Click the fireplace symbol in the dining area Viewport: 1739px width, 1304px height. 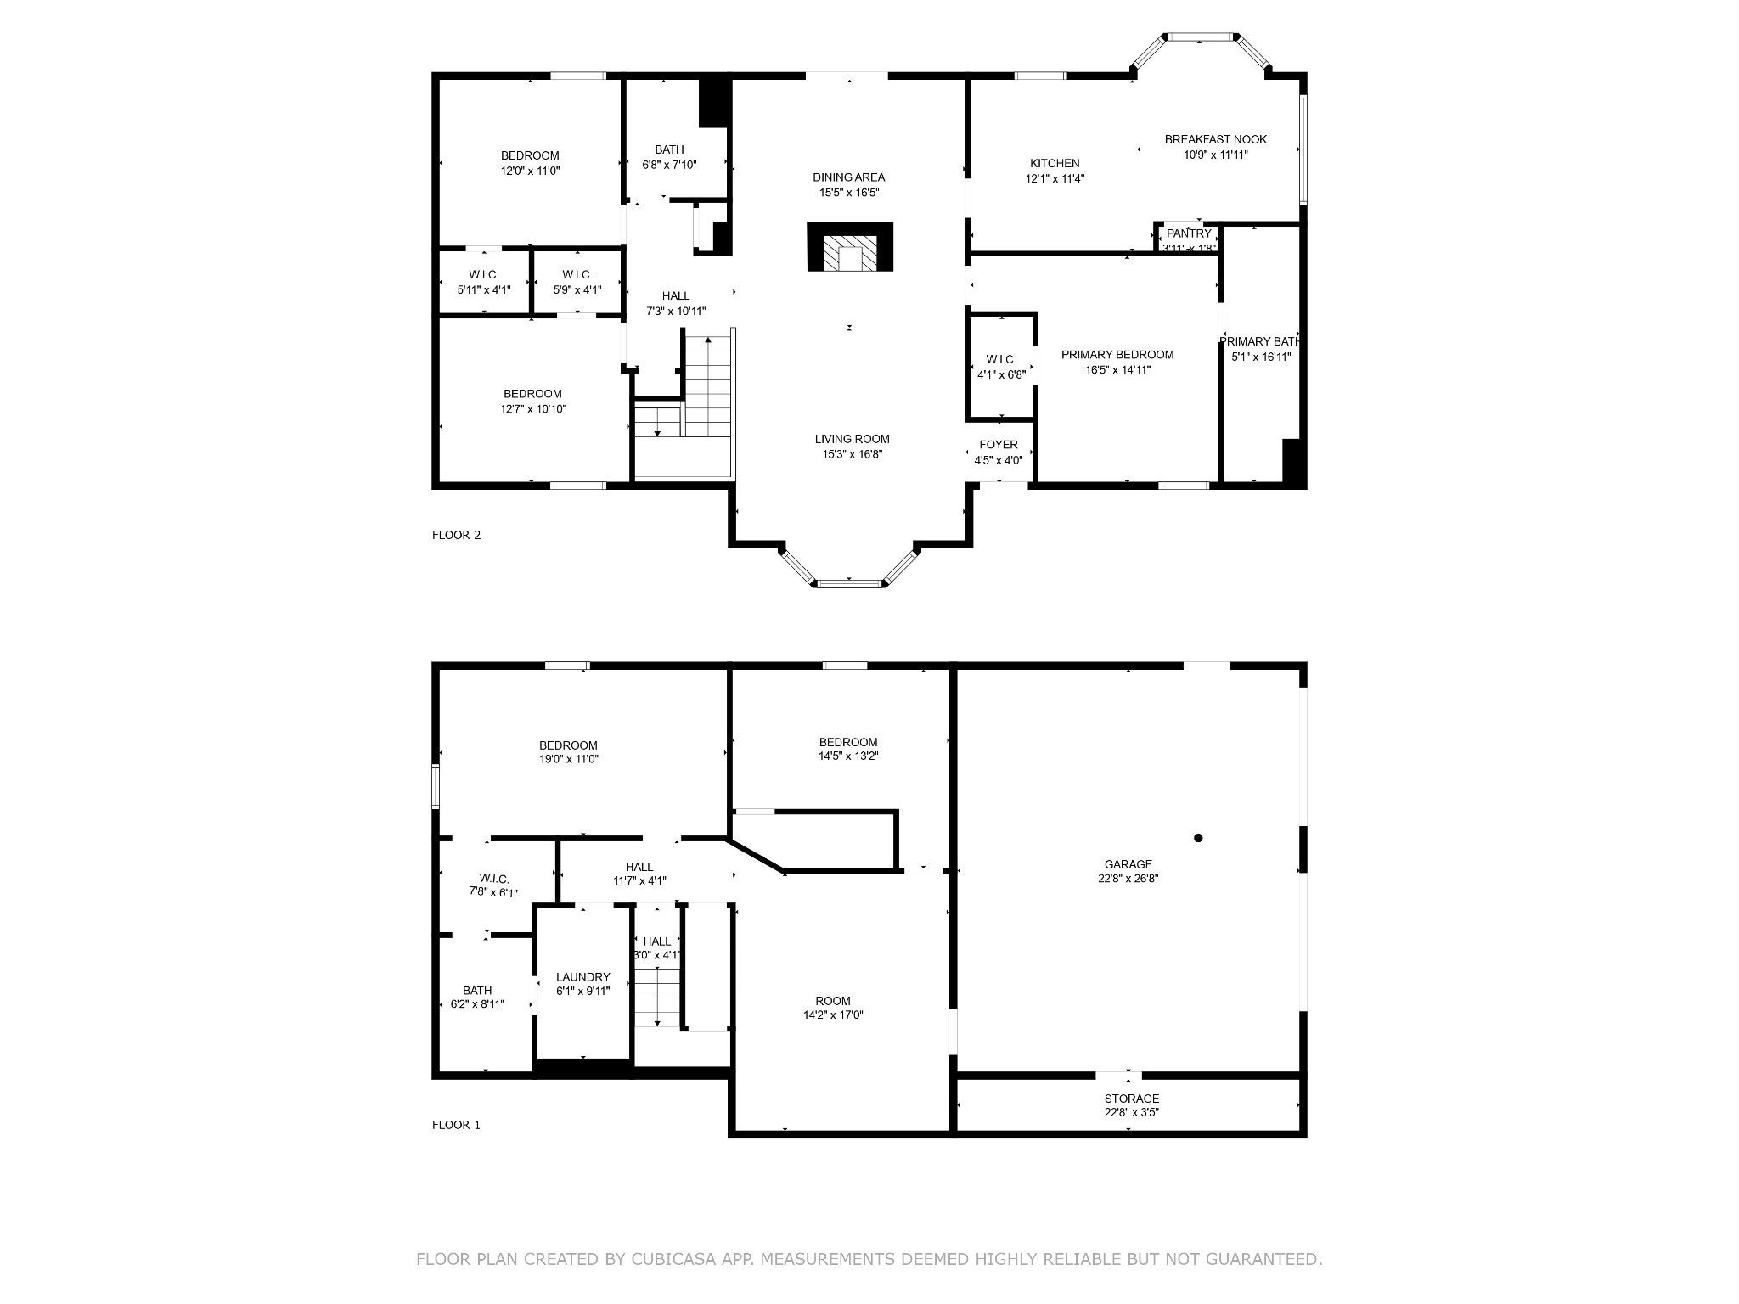(x=850, y=248)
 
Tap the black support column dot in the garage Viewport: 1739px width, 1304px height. (x=1198, y=838)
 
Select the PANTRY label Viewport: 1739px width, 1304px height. (x=1189, y=233)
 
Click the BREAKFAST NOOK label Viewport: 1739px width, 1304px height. (x=1215, y=139)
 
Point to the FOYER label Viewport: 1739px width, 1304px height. (x=999, y=445)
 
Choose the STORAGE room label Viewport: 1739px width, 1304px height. (x=1131, y=1099)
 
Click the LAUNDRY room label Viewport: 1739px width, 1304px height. (x=582, y=977)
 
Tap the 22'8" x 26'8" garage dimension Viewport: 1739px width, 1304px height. (x=1128, y=880)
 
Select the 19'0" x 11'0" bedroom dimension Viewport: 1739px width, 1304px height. (x=568, y=760)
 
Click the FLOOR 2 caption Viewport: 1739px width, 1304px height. (x=456, y=535)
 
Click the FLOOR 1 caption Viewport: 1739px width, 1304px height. (x=456, y=1125)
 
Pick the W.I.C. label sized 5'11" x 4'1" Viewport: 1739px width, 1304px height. (x=483, y=275)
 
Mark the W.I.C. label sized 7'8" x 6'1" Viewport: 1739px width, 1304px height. (x=493, y=879)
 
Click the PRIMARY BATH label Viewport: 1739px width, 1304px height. (x=1260, y=341)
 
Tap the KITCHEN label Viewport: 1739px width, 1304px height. (x=1055, y=163)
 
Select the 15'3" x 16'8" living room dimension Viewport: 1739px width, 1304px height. (x=852, y=454)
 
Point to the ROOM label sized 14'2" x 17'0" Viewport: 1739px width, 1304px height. (x=832, y=1001)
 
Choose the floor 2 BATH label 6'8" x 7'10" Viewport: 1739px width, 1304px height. (x=669, y=149)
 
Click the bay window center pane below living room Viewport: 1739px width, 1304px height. (x=850, y=583)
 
